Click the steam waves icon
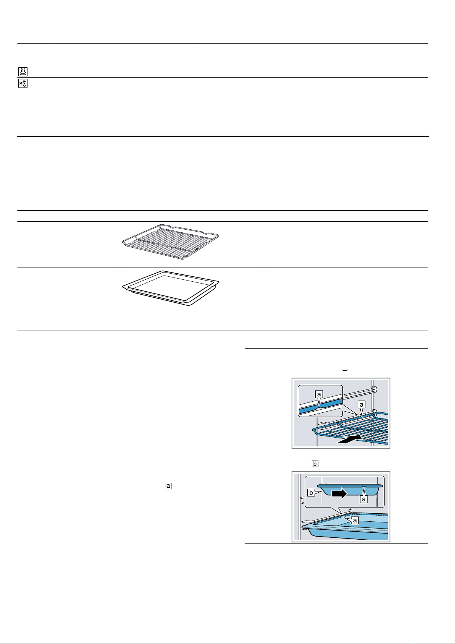click(23, 71)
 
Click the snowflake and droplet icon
click(23, 83)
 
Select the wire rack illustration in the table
click(170, 242)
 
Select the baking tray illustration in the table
click(170, 288)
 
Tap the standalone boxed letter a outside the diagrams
click(168, 486)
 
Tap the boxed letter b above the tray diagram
click(315, 464)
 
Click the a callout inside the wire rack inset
click(319, 394)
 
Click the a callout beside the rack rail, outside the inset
click(361, 405)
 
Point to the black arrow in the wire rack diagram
click(349, 439)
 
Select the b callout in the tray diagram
click(311, 493)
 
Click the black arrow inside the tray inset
click(339, 494)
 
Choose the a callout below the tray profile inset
click(364, 499)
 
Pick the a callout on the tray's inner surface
click(355, 520)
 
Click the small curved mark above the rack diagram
click(345, 370)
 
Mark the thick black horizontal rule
click(223, 136)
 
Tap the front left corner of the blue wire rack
click(313, 430)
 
